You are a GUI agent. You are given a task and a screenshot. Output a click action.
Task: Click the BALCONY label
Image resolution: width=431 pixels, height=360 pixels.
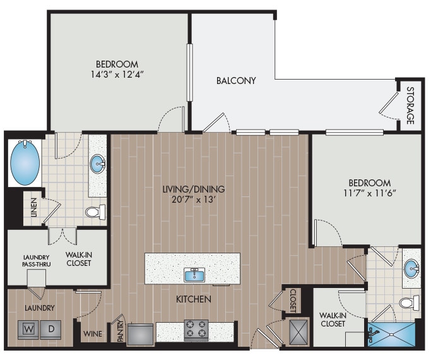coord(236,81)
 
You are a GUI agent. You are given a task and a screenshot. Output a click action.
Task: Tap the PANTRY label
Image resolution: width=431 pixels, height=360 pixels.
coord(120,333)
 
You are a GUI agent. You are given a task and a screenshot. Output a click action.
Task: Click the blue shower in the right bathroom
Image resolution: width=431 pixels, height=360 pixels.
coord(391,333)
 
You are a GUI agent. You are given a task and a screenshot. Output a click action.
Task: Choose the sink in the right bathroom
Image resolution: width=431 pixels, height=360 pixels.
coord(411,268)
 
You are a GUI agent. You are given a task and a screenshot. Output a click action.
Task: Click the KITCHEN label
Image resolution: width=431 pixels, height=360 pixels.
coord(194,299)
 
